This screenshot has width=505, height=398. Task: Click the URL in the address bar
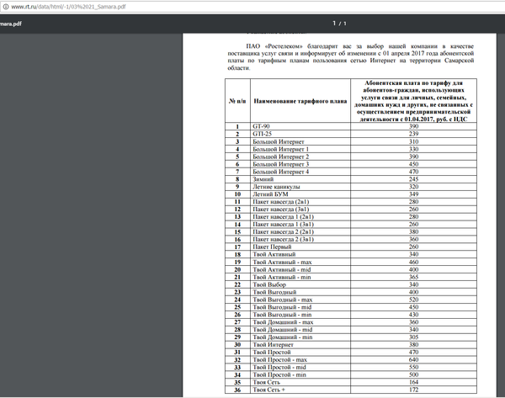click(x=67, y=6)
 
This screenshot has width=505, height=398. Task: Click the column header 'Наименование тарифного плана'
click(x=300, y=102)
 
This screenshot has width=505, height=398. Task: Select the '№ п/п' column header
click(x=238, y=102)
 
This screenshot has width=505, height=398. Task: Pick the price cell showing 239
click(x=413, y=134)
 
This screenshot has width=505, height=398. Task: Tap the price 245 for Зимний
click(x=413, y=179)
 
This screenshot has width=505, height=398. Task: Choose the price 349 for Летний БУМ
click(x=413, y=194)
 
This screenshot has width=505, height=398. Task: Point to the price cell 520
click(x=413, y=300)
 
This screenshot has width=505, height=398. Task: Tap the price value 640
click(x=413, y=360)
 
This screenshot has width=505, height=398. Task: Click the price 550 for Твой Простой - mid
click(x=413, y=368)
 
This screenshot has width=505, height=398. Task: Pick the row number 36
click(x=238, y=390)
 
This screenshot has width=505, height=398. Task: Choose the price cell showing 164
click(x=413, y=383)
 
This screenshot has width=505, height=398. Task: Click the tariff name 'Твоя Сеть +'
click(x=270, y=390)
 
